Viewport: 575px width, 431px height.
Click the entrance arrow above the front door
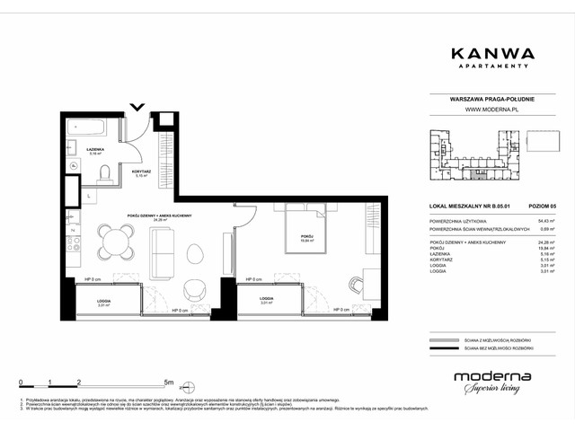pyautogui.click(x=137, y=109)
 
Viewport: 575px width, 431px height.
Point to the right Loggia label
pyautogui.click(x=266, y=298)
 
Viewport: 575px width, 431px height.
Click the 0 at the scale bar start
pyautogui.click(x=21, y=382)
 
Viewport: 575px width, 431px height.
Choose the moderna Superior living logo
pyautogui.click(x=491, y=382)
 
